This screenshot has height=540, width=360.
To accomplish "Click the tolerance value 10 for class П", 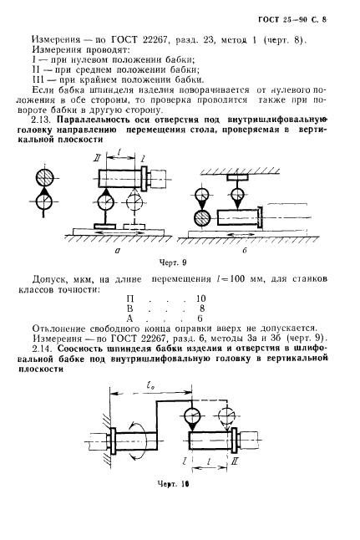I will (x=200, y=298).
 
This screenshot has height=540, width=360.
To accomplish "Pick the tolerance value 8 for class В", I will (x=201, y=308).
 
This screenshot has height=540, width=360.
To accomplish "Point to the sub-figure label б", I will (x=266, y=249).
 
